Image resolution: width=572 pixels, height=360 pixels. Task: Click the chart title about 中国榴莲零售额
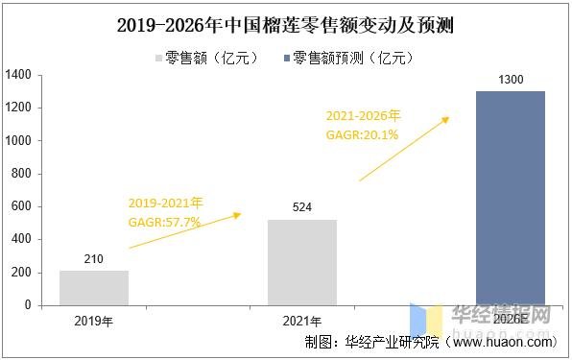click(x=285, y=26)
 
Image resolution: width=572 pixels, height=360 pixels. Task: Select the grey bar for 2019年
click(x=93, y=287)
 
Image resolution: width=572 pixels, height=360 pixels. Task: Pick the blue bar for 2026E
click(x=510, y=198)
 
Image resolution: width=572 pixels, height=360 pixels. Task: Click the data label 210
click(x=93, y=259)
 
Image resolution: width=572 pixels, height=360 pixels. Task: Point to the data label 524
click(x=301, y=207)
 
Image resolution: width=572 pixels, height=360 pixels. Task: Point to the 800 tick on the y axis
click(x=21, y=174)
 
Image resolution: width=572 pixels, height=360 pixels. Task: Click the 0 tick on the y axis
click(x=28, y=305)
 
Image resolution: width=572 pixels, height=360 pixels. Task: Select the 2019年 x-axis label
click(x=93, y=321)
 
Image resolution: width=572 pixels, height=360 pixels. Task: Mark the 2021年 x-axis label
click(x=301, y=321)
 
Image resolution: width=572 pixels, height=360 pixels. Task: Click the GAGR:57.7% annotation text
click(x=164, y=222)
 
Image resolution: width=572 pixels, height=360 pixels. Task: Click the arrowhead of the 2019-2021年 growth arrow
click(x=238, y=214)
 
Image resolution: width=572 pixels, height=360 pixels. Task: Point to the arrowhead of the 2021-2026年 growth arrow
click(x=445, y=119)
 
